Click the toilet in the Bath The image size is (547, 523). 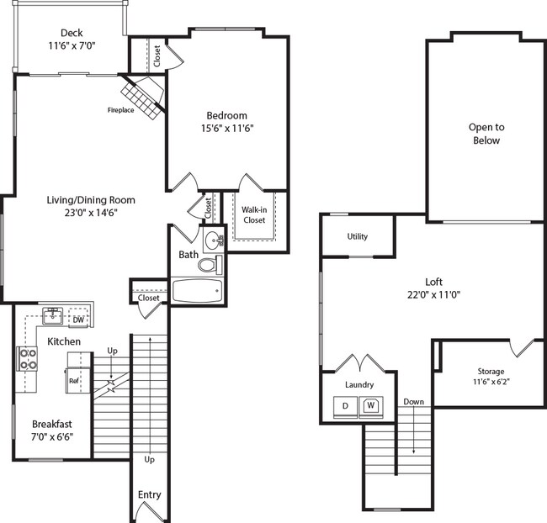[209, 265]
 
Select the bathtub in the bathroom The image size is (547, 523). [197, 292]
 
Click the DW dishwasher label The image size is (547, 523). [77, 320]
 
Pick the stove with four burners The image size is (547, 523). [28, 359]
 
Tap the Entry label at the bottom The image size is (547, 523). [149, 495]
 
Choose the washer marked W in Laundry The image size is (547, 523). [370, 406]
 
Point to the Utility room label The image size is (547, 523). [357, 236]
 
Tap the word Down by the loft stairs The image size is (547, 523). [413, 402]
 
